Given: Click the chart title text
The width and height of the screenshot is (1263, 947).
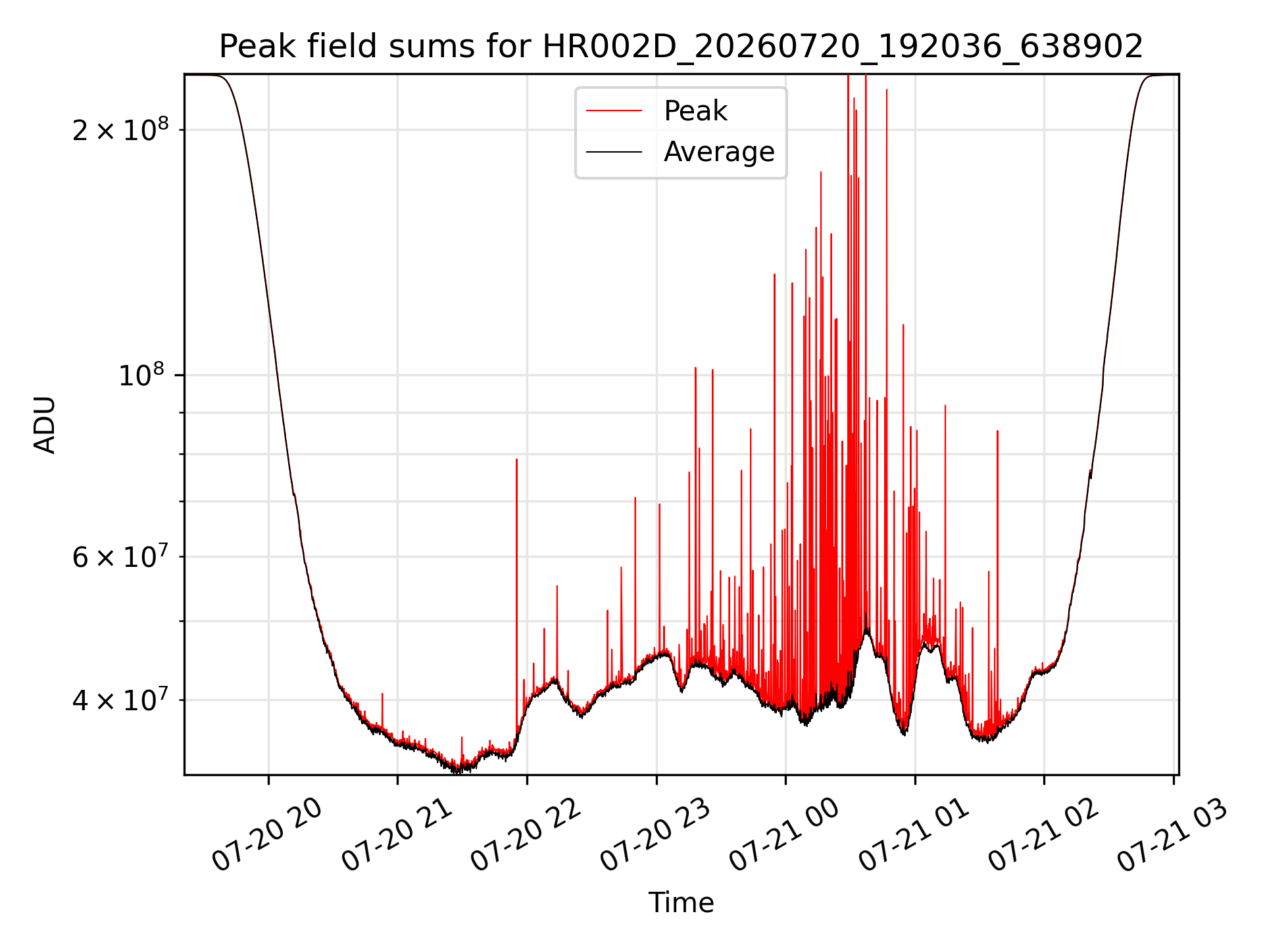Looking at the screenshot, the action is (681, 47).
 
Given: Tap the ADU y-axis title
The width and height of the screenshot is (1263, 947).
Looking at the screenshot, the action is (45, 425).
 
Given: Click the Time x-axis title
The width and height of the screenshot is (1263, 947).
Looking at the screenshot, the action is (681, 902).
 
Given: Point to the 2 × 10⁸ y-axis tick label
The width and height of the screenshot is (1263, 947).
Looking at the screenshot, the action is (120, 129).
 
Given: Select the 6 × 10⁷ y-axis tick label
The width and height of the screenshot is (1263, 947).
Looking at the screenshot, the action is (120, 556).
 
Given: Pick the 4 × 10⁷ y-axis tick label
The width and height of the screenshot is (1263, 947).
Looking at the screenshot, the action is (120, 700).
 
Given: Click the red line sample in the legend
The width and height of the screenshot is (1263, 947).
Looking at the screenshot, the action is (614, 110).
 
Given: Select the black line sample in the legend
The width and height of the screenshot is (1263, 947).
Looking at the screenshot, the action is (614, 152).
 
